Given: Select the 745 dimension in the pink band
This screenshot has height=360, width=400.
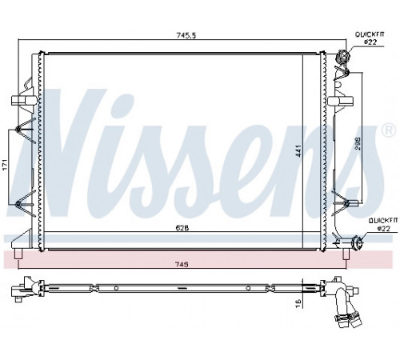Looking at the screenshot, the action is [x=182, y=264].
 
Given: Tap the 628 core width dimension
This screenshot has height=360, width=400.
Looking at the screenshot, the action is [x=182, y=228].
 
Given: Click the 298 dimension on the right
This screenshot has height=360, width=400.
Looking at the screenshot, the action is [x=358, y=143].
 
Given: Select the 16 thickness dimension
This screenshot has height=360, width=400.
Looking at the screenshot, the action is [x=298, y=302].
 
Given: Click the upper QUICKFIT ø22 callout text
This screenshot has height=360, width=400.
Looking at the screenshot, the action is [x=370, y=38].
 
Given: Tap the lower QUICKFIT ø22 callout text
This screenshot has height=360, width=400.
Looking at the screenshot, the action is [x=383, y=224].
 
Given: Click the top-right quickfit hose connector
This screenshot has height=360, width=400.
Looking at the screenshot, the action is [x=342, y=57].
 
